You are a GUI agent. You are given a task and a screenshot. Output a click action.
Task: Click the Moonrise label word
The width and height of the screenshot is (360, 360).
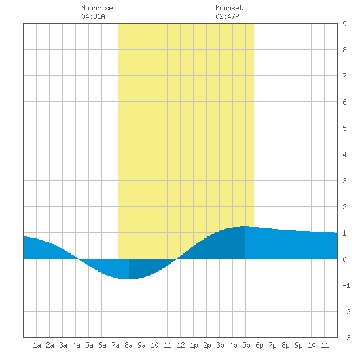click(x=97, y=8)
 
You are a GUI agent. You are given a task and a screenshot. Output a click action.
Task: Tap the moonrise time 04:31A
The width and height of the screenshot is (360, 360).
click(x=93, y=16)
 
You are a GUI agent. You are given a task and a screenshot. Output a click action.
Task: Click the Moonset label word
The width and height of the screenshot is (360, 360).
click(x=229, y=8)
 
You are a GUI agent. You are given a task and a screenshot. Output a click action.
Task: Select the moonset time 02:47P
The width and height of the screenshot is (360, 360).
click(x=227, y=16)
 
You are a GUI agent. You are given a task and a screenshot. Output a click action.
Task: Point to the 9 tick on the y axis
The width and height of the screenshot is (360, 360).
click(x=344, y=24)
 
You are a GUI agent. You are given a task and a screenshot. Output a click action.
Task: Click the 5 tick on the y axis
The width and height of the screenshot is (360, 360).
click(x=344, y=128)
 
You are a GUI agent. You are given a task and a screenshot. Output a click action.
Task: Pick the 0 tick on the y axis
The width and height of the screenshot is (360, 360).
click(x=344, y=259)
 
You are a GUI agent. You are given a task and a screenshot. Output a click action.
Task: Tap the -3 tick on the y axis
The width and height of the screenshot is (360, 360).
click(x=346, y=338)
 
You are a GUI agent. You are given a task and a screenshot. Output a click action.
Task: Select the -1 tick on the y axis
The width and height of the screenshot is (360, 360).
click(x=346, y=285)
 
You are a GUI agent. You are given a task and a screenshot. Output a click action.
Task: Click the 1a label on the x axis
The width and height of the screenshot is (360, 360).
click(x=37, y=345)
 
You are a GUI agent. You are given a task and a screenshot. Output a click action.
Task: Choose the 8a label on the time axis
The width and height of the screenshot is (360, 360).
click(x=128, y=345)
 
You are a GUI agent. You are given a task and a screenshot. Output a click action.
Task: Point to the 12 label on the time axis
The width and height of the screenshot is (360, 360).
click(x=181, y=345)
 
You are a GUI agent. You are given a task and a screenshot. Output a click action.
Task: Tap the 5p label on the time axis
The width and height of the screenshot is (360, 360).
click(x=246, y=345)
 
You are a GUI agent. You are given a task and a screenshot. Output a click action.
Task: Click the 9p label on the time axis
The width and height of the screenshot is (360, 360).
click(x=298, y=345)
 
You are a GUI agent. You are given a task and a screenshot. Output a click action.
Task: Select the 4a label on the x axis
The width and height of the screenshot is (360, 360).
click(x=76, y=345)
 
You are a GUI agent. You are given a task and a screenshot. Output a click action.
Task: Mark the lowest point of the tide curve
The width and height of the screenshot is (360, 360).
click(x=129, y=279)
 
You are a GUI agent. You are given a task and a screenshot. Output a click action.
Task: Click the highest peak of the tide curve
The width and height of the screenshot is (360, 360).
click(x=245, y=226)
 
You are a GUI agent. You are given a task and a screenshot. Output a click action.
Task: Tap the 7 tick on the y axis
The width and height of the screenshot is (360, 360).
click(x=344, y=76)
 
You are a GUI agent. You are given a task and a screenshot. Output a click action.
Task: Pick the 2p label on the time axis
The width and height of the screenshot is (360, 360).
click(x=207, y=345)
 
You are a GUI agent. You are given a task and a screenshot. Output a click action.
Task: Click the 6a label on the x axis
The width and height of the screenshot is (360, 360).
click(x=102, y=345)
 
